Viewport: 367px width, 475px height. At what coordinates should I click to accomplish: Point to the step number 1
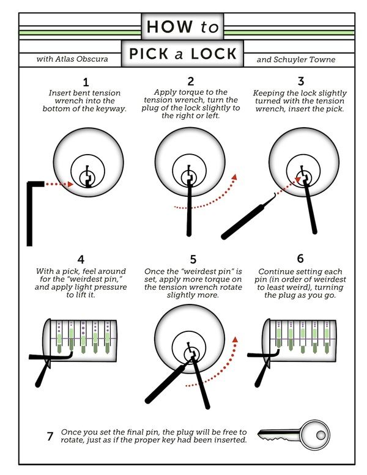point(86,82)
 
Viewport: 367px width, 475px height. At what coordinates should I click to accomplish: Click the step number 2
point(191,82)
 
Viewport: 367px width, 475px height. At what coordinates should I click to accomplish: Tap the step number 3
point(300,82)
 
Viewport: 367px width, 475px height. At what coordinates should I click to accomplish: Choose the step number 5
point(191,259)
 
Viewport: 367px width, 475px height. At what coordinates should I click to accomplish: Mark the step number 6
point(300,259)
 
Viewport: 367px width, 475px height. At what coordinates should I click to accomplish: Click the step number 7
point(50,436)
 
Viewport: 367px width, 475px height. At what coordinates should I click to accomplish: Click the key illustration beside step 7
point(293,435)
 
